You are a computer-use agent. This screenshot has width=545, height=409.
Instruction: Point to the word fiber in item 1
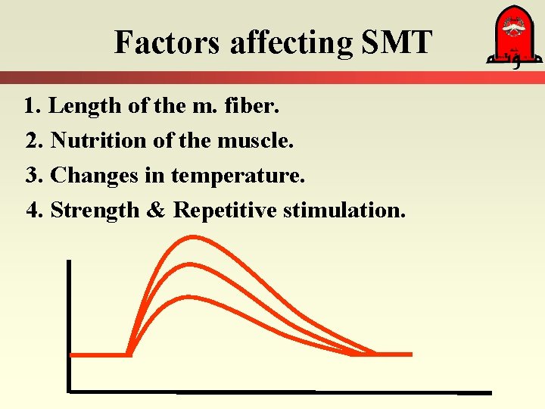coord(255,106)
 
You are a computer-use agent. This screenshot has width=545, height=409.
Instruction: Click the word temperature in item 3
coord(238,176)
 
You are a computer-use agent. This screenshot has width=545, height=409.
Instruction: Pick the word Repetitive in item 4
coord(225,210)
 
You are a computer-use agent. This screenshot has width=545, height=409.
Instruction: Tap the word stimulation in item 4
coord(344,210)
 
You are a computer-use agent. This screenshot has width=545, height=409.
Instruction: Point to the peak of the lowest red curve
coord(185,296)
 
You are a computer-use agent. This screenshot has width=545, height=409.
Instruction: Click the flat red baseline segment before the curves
coord(98,354)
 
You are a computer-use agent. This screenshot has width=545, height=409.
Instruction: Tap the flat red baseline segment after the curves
coord(394,354)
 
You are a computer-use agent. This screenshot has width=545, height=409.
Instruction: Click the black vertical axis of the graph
coord(68,326)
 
